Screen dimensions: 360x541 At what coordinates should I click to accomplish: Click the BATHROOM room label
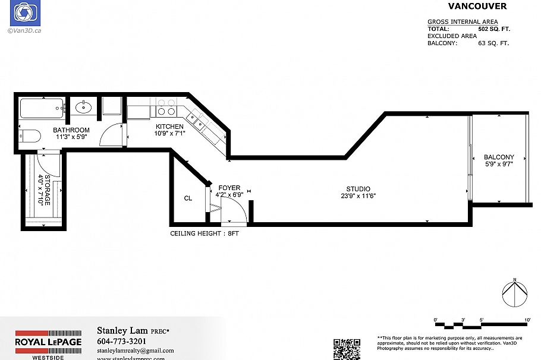tap(71, 130)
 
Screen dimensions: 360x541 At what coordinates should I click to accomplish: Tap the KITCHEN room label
tap(169, 127)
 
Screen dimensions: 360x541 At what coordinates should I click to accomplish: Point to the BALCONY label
tap(499, 157)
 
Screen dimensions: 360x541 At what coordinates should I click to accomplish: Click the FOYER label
tap(229, 188)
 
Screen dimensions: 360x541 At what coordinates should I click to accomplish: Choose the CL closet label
tap(188, 198)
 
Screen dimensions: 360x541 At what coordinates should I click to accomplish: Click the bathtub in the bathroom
tap(40, 109)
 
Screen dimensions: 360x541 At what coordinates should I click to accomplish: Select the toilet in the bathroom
tap(29, 136)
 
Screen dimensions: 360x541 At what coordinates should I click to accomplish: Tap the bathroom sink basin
tap(83, 108)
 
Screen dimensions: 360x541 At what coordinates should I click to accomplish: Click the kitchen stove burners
tap(166, 108)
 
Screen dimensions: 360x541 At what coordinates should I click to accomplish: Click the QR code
tap(347, 349)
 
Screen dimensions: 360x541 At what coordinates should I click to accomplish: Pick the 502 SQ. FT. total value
tap(494, 29)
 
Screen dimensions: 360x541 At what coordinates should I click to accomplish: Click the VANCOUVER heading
tap(477, 6)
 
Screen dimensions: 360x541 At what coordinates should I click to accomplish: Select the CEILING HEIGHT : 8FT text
tap(205, 233)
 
